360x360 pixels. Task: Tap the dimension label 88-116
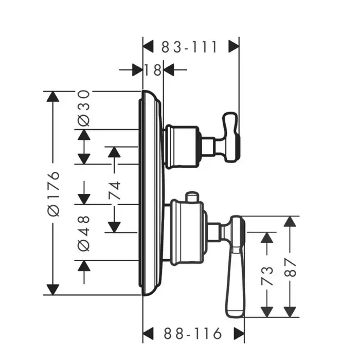(x=193, y=333)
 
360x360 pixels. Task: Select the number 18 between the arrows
(x=153, y=69)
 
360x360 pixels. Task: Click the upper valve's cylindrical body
(x=181, y=146)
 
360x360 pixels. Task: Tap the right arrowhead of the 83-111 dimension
(x=234, y=47)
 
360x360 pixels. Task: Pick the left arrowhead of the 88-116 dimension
(x=149, y=333)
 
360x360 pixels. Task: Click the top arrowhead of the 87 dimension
(x=291, y=222)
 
